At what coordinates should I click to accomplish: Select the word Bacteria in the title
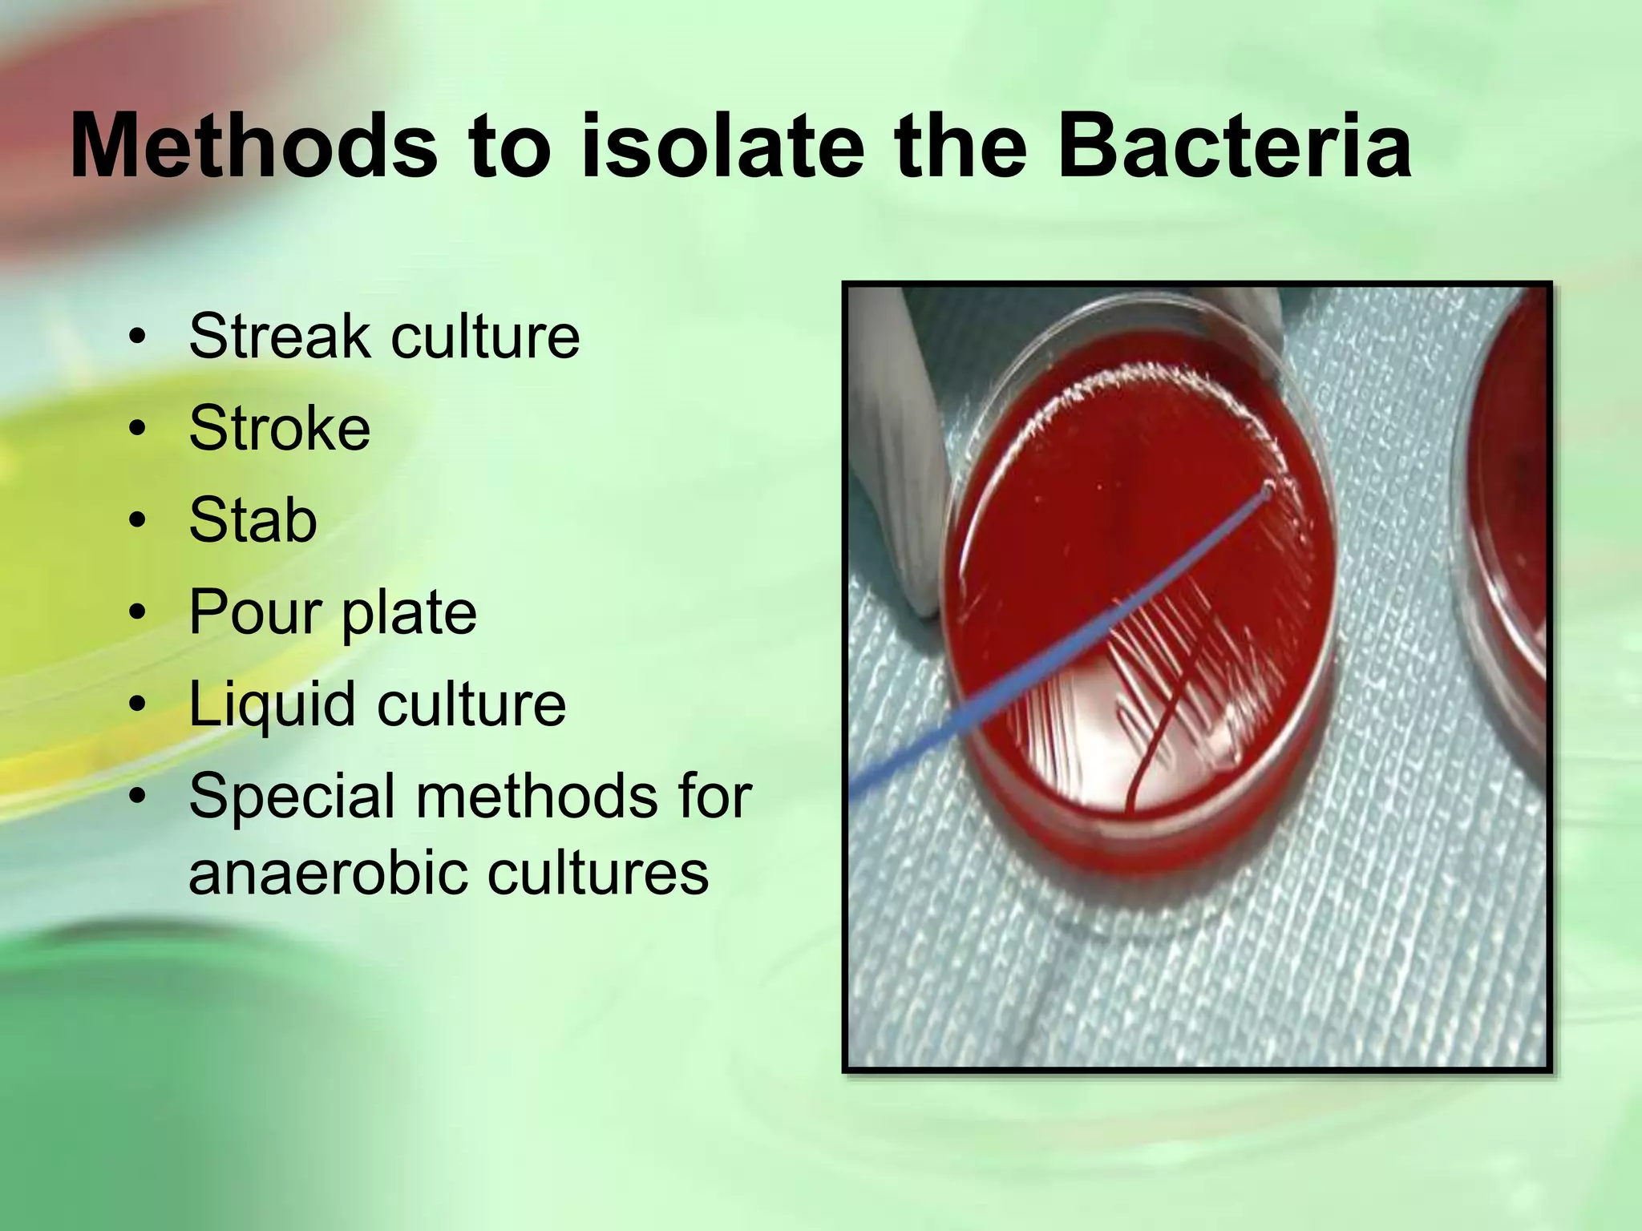1234,147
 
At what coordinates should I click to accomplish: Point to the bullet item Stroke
279,428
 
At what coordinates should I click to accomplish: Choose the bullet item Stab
253,520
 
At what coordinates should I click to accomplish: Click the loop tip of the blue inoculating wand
1267,491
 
